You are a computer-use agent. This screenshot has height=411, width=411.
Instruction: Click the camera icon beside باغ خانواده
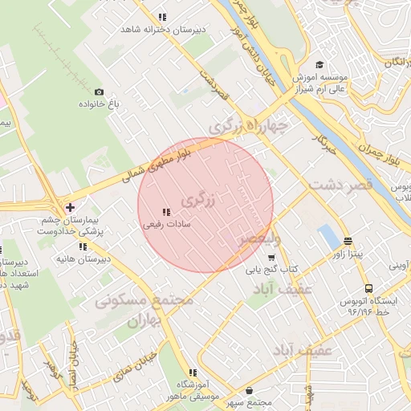[x=99, y=92]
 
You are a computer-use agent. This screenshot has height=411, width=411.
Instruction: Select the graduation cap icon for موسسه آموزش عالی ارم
[x=319, y=65]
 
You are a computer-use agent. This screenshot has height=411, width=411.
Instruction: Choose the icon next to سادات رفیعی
[x=165, y=212]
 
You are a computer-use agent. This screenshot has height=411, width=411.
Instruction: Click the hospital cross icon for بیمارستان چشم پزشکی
[x=70, y=207]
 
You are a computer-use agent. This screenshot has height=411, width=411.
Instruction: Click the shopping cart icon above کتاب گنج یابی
[x=271, y=258]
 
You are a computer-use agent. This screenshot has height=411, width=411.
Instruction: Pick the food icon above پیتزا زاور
[x=348, y=241]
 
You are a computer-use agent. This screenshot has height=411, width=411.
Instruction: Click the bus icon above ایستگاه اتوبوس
[x=368, y=288]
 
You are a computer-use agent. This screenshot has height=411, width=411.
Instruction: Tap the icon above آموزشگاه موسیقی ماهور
[x=192, y=372]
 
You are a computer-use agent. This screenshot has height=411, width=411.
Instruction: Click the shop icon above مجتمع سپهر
[x=250, y=390]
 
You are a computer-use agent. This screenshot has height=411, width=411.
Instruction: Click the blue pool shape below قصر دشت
[x=328, y=237]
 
